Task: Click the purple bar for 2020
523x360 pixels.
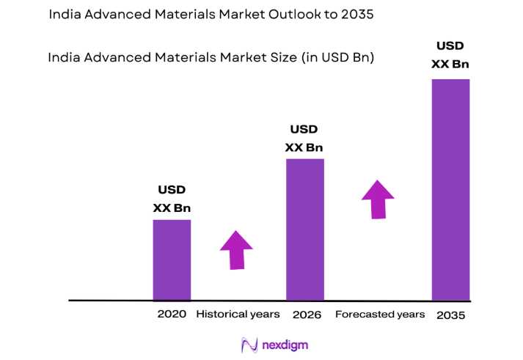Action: click(172, 260)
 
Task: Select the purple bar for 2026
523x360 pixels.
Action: click(304, 229)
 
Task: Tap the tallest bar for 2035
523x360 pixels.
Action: click(450, 189)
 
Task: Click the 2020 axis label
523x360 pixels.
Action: click(171, 315)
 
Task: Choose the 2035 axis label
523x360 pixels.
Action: click(451, 315)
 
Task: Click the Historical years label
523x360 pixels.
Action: click(238, 315)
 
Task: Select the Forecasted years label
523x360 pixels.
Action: click(380, 315)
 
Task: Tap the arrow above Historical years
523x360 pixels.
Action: click(236, 250)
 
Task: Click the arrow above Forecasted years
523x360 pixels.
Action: click(378, 199)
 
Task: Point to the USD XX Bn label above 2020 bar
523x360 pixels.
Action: click(172, 199)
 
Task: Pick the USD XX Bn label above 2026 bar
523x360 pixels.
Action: click(304, 138)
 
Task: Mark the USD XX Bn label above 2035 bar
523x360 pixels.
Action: click(450, 55)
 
